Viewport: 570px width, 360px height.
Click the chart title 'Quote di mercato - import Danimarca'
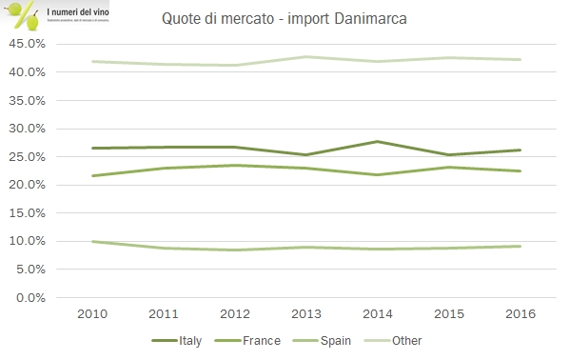285,19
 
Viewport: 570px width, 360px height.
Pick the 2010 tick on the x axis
92,314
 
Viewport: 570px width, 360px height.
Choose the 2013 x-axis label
306,314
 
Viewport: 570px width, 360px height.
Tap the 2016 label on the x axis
520,314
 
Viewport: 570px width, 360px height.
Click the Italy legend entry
182,340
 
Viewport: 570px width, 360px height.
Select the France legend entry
259,340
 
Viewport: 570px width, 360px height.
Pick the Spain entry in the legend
334,340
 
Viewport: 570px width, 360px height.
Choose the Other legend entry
405,340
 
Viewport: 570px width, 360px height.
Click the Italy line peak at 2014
378,141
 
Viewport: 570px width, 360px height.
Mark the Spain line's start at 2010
92,241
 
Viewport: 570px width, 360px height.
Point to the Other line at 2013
306,56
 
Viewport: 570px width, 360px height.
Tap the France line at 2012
235,165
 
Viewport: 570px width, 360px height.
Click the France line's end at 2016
520,170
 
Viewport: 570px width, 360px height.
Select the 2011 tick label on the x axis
164,314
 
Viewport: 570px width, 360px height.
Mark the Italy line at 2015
449,154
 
